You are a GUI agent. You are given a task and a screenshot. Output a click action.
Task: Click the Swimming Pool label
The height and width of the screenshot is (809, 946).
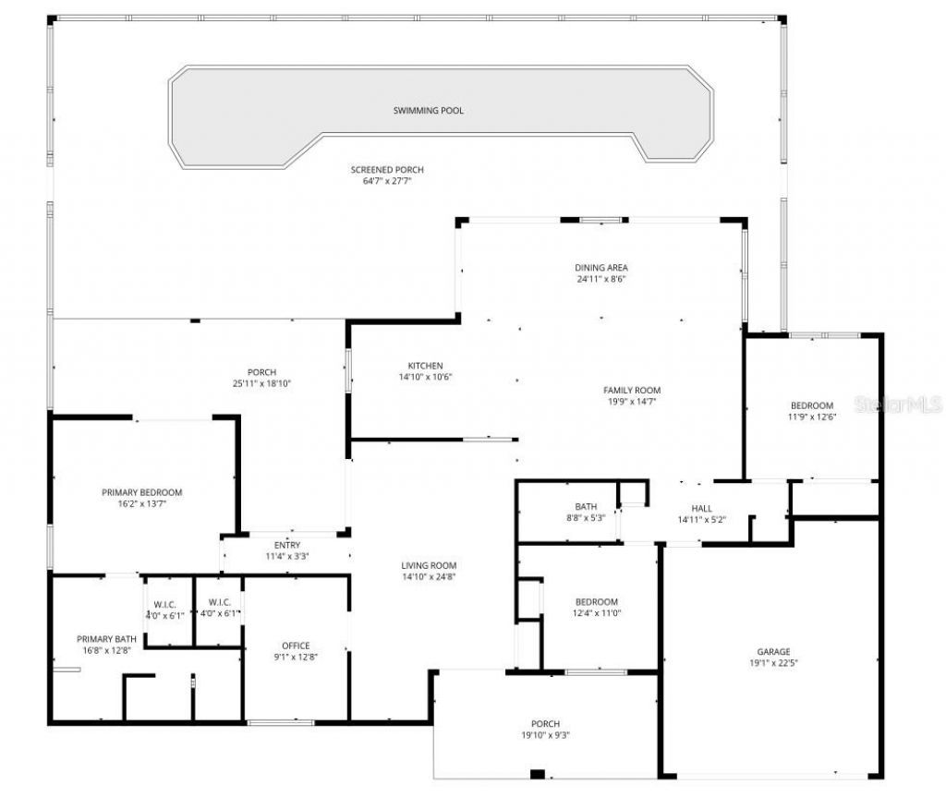(x=428, y=111)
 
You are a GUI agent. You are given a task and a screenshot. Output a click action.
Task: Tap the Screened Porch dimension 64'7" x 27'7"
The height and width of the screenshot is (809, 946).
(x=387, y=181)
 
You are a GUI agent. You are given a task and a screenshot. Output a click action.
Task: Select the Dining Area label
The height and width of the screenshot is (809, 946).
(x=601, y=268)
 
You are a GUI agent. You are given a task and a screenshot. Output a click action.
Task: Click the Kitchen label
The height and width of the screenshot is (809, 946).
(x=425, y=366)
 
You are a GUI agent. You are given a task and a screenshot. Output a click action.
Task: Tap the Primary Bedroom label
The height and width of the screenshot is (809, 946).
(x=141, y=492)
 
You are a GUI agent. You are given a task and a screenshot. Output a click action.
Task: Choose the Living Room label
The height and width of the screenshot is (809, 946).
(x=429, y=566)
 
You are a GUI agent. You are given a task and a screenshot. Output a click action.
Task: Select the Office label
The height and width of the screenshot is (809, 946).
(x=296, y=646)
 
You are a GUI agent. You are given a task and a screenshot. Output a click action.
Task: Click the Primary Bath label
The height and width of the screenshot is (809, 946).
(x=105, y=639)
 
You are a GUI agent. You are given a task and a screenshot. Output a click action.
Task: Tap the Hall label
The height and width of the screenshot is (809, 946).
(x=702, y=509)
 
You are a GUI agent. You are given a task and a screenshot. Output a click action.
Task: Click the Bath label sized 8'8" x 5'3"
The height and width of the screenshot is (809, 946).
(x=586, y=506)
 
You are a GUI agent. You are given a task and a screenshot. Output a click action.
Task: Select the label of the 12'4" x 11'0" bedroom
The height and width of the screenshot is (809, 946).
(x=595, y=602)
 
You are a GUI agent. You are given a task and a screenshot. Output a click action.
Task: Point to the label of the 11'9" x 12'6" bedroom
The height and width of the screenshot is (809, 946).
(x=811, y=405)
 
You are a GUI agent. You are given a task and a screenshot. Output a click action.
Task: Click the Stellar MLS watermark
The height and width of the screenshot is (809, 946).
(x=897, y=404)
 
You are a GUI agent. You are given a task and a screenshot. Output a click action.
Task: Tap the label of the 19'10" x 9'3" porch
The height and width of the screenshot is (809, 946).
(x=545, y=723)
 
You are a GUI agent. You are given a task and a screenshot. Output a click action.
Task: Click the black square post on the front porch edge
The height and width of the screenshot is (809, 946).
(x=538, y=774)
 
